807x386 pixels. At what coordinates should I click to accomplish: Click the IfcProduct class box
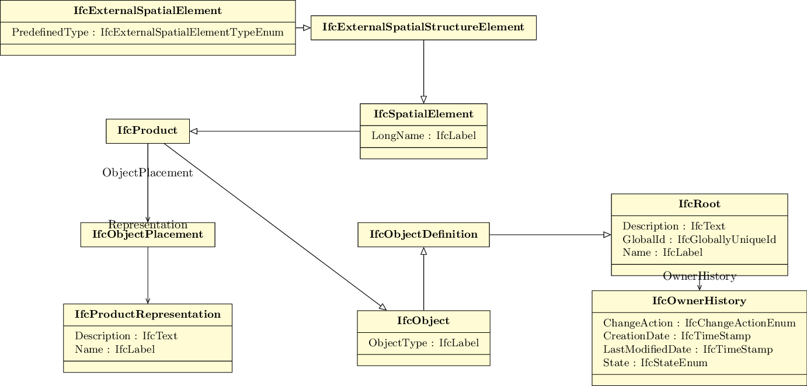(x=148, y=131)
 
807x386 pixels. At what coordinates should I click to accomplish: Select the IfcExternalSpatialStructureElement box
(x=423, y=28)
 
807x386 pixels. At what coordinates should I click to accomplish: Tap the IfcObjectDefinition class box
(x=424, y=235)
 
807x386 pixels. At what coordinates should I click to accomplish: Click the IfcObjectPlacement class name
(x=148, y=235)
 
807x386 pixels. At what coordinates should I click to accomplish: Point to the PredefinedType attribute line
(x=148, y=33)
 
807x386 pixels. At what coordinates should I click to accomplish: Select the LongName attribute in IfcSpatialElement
(x=424, y=135)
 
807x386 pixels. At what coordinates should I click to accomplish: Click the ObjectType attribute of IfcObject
(x=424, y=343)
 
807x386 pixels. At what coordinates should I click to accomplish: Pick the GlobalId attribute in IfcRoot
(x=700, y=239)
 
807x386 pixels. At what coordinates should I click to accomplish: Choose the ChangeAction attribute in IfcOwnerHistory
(x=700, y=323)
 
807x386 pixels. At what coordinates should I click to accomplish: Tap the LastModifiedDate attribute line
(x=688, y=349)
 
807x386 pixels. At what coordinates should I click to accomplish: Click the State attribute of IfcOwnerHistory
(x=655, y=363)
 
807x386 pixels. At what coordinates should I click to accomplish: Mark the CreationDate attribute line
(x=677, y=336)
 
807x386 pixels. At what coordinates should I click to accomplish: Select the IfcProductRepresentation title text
(x=148, y=314)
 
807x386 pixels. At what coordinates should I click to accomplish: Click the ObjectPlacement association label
(x=148, y=173)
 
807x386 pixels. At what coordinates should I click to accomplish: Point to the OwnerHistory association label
(x=700, y=276)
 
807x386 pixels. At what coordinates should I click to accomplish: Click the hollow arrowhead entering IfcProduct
(x=194, y=131)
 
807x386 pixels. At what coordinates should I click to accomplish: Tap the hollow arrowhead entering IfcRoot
(x=607, y=235)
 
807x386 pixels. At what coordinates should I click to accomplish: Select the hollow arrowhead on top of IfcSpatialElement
(x=424, y=99)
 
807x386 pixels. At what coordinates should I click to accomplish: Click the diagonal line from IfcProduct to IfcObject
(x=275, y=227)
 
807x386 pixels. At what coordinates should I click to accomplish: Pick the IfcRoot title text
(x=700, y=204)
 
